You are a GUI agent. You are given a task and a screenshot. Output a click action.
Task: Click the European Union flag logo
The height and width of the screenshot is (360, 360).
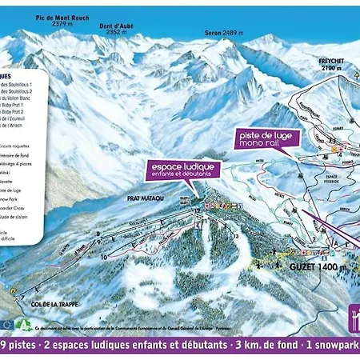click(8, 324)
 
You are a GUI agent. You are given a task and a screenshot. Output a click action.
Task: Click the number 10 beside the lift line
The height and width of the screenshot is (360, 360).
click(104, 257)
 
